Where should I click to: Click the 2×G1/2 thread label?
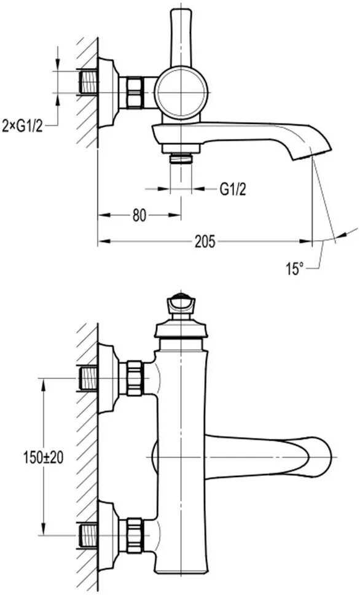click(22, 125)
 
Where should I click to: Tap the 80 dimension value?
click(139, 216)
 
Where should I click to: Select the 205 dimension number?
click(205, 241)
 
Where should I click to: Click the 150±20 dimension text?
click(43, 457)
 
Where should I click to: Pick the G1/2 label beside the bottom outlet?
click(233, 189)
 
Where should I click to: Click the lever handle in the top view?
click(181, 37)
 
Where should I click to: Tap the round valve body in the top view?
click(181, 92)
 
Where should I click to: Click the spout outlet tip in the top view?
click(311, 155)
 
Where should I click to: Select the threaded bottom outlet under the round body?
click(181, 158)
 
